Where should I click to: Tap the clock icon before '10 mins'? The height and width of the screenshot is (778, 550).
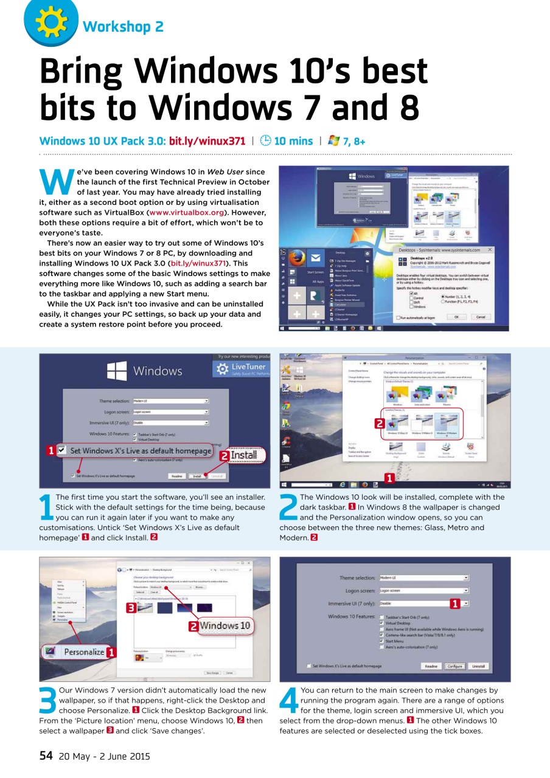[265, 141]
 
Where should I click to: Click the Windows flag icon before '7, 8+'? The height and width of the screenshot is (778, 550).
[334, 141]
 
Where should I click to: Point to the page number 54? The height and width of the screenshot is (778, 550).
[46, 756]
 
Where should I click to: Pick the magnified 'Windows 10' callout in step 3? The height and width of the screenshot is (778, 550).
[225, 625]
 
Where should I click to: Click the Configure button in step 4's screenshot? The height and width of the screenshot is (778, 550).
[455, 666]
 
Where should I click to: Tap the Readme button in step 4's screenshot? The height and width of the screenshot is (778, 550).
[431, 666]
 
